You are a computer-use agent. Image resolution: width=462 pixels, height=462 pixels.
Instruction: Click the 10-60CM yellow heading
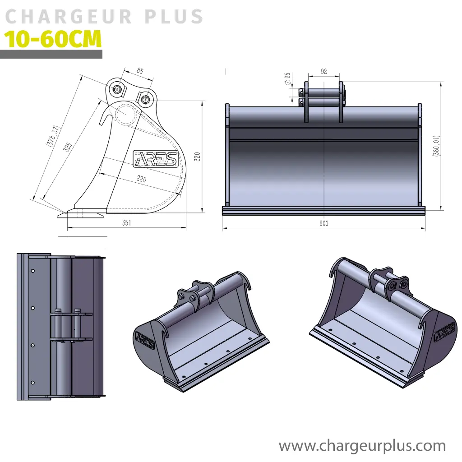coord(53,40)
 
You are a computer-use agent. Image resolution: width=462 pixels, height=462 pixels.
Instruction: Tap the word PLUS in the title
coord(174,17)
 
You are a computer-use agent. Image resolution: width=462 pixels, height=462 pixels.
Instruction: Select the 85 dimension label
coord(139,71)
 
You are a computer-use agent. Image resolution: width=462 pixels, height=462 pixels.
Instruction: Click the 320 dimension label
coord(197,157)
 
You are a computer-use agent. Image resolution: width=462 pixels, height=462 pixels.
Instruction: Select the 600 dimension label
coord(323,223)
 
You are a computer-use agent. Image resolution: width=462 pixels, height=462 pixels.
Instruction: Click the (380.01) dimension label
coord(436,145)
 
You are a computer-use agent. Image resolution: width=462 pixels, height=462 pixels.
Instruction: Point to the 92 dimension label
coord(323,71)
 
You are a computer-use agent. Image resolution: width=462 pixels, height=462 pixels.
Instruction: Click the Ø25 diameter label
coord(287,79)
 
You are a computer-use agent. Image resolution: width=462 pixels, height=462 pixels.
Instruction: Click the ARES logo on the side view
coord(156,158)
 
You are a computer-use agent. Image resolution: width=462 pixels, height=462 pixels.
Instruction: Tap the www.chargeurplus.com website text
coord(362,446)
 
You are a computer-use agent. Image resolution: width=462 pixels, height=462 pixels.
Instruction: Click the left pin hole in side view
coord(117,89)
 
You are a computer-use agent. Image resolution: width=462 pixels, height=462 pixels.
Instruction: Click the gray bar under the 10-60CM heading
coord(51,55)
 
